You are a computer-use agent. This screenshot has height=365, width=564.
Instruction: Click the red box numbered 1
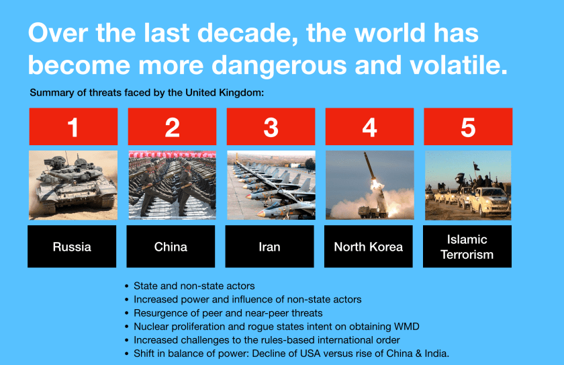(x=73, y=126)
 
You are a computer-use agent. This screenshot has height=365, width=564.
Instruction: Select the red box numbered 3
(x=271, y=126)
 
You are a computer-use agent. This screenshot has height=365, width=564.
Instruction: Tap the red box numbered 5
(x=468, y=126)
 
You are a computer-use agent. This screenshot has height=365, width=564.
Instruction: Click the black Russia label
(x=72, y=247)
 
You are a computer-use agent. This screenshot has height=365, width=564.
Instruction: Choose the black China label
(x=171, y=247)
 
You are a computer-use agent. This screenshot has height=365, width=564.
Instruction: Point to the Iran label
(x=269, y=247)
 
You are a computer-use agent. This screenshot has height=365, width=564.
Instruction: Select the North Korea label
(x=369, y=247)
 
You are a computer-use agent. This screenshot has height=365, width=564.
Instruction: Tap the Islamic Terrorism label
(x=467, y=247)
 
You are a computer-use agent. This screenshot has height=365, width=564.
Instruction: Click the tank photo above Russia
(x=73, y=185)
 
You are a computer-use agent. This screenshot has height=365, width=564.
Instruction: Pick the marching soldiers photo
(x=173, y=185)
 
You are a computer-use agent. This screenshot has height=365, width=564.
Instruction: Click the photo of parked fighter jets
(x=271, y=185)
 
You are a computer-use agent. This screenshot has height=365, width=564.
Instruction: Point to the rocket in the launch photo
(x=371, y=168)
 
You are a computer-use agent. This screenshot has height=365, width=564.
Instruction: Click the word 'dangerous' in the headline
(x=280, y=65)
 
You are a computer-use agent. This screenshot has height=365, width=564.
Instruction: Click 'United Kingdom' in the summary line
(x=224, y=93)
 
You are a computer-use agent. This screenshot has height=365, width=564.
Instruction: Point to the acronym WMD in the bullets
(x=407, y=327)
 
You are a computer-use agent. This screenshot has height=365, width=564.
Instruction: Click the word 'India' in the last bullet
(x=436, y=354)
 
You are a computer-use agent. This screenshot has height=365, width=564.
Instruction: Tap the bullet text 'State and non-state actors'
(x=194, y=286)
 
